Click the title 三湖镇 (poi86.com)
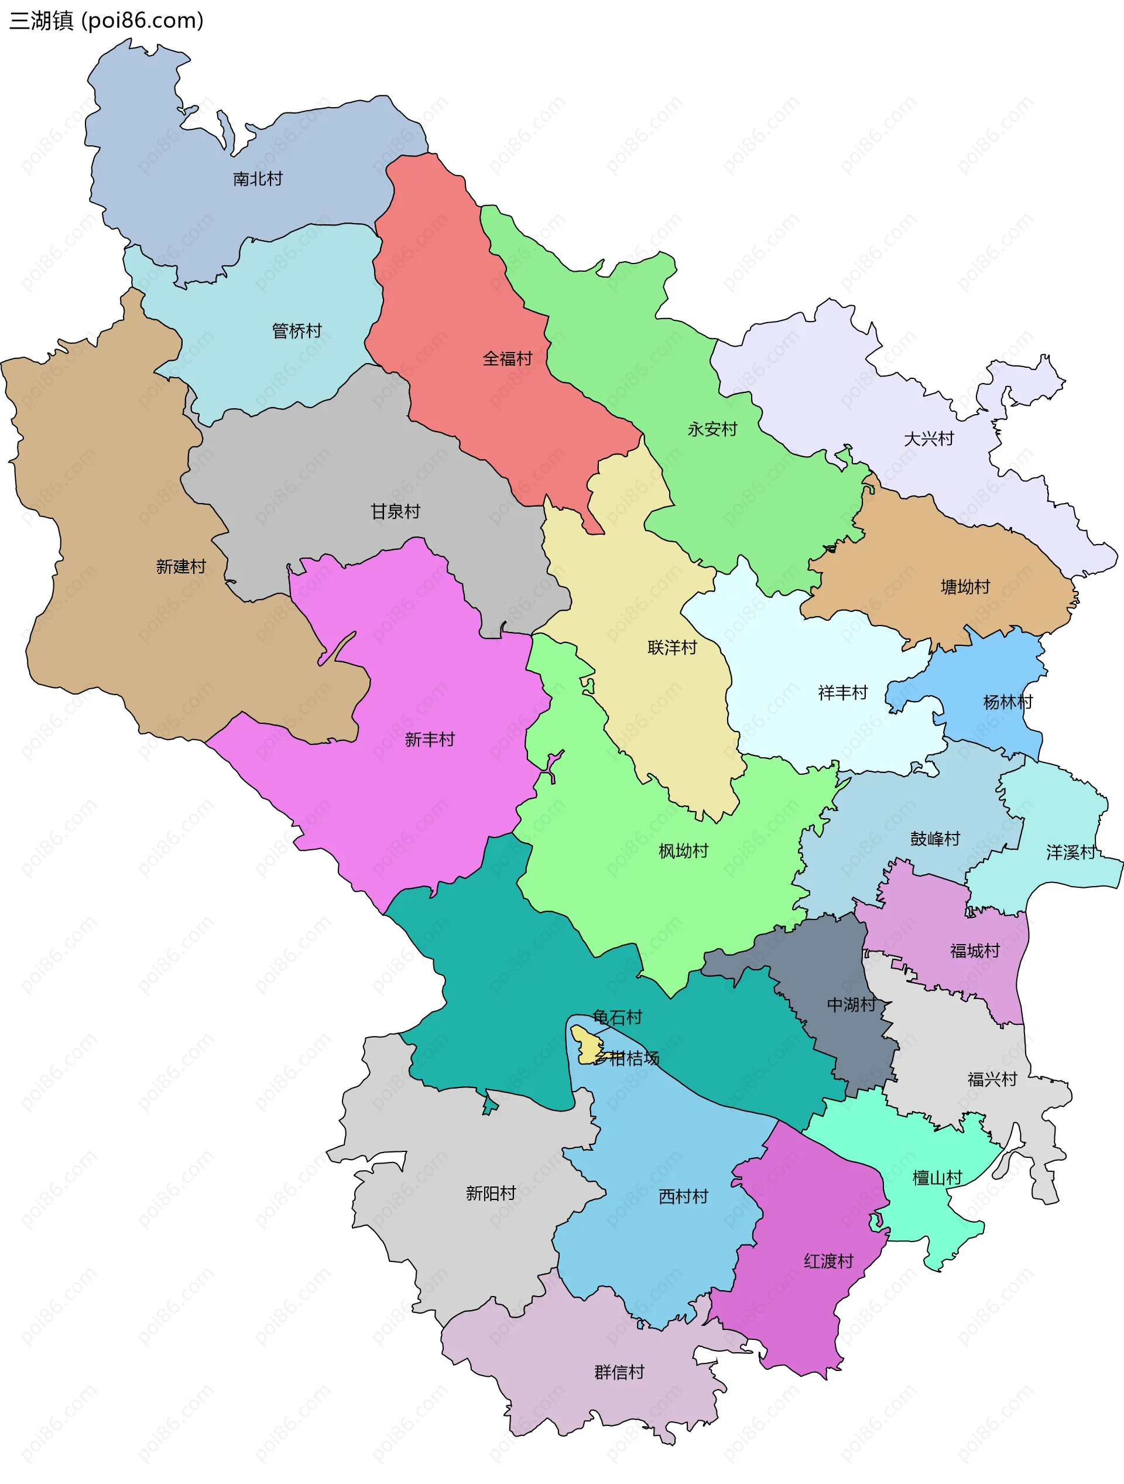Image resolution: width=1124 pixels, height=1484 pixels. point(106,21)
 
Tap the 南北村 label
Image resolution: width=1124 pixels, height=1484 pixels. point(258,179)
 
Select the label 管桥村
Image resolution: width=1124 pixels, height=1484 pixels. point(296,331)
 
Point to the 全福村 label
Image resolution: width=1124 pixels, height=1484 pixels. point(507,359)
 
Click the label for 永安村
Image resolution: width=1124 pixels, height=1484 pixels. point(712,429)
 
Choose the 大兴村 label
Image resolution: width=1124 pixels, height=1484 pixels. point(929,439)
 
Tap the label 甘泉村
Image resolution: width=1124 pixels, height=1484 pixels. point(396,512)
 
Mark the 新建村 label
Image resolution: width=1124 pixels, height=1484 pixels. point(181,567)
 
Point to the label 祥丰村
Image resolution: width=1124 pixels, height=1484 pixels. point(843,693)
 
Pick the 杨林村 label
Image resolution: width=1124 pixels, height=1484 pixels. point(1008,702)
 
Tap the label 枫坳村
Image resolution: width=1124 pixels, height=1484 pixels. point(683,852)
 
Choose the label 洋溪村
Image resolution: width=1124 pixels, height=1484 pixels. point(1071,853)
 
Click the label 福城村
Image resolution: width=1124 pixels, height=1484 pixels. point(975,951)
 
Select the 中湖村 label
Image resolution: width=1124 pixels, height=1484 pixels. point(851,1005)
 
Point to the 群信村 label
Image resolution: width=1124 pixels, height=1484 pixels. point(619,1373)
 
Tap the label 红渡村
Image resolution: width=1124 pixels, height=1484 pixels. point(828,1262)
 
